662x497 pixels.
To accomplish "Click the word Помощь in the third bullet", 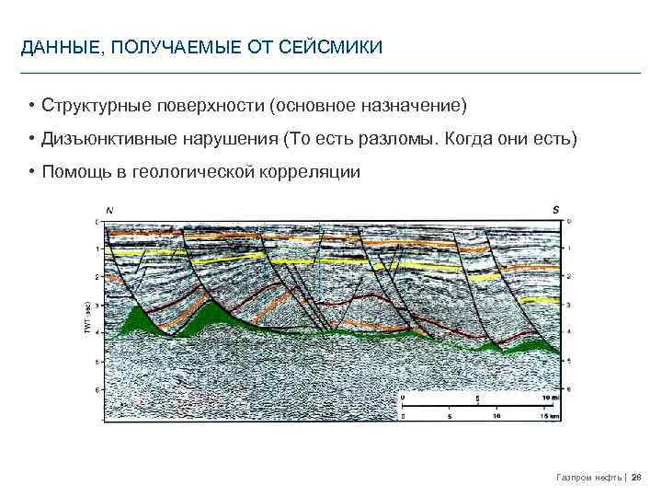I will [x=73, y=171].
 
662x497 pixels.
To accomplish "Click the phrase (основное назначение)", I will [x=369, y=107].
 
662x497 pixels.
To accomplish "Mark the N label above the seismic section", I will [x=110, y=210].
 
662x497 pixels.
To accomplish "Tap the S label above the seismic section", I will [x=555, y=210].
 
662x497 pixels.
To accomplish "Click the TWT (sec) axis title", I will [x=87, y=317].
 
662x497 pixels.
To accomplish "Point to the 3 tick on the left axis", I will [x=98, y=305].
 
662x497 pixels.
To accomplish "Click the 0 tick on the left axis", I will [x=98, y=222].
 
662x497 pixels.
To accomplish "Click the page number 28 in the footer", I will [x=636, y=477].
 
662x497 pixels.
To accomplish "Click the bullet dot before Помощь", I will [x=31, y=171].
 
